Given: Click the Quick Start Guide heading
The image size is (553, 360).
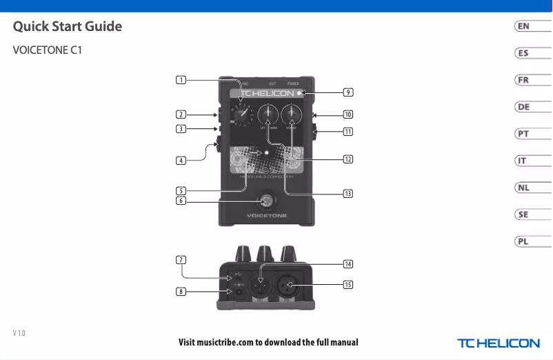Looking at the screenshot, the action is point(68,27).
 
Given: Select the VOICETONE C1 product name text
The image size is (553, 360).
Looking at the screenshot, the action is point(48,51).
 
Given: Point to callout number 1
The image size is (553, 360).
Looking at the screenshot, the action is point(180,80).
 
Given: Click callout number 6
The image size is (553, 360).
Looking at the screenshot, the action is point(180,201).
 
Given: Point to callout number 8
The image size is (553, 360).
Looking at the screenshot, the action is point(180,292).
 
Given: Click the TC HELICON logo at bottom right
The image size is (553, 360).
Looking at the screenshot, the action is point(499,343).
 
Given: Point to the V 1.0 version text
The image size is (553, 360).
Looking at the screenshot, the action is point(19,333).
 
